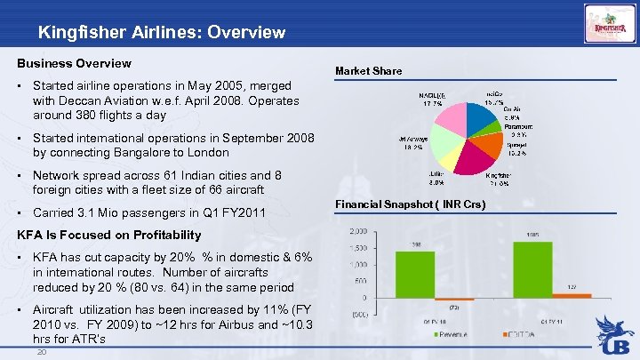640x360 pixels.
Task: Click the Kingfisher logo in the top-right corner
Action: pyautogui.click(x=609, y=25)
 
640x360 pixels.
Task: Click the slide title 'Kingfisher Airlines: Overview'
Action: pyautogui.click(x=162, y=33)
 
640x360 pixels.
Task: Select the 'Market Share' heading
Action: pyautogui.click(x=368, y=70)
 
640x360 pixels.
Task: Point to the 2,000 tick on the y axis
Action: pyautogui.click(x=357, y=231)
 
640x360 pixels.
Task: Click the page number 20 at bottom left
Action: pyautogui.click(x=41, y=352)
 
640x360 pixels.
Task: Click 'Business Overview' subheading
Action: pyautogui.click(x=75, y=63)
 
